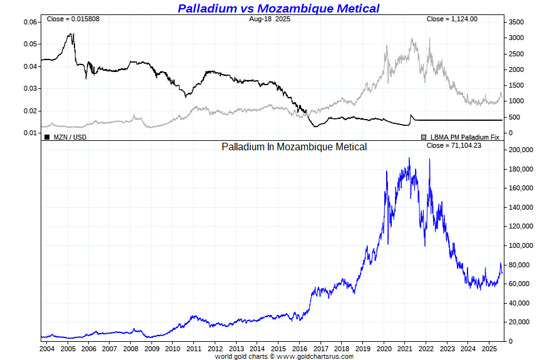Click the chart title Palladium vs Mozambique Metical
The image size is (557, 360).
click(278, 8)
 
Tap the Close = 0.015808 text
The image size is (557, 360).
click(73, 19)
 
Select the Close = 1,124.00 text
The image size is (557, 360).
click(452, 19)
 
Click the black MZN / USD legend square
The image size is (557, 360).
click(47, 136)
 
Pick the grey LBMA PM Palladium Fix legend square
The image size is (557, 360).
click(424, 136)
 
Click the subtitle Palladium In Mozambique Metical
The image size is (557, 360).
click(294, 147)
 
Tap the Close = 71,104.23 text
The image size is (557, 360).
click(454, 145)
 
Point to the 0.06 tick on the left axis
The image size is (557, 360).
click(30, 22)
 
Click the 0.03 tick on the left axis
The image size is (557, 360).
click(30, 89)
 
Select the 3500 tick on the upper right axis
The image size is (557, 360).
click(516, 22)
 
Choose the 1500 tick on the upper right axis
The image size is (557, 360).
click(516, 85)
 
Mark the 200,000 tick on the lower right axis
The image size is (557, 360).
click(521, 150)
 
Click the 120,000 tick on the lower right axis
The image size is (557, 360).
click(521, 227)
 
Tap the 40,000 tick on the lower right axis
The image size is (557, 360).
click(519, 303)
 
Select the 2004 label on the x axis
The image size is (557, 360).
click(47, 348)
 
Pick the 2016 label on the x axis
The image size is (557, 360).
click(300, 348)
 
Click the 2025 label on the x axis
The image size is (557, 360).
click(490, 348)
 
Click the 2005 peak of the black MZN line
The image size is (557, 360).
click(71, 34)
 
